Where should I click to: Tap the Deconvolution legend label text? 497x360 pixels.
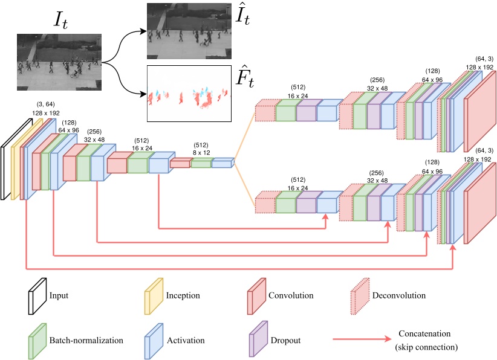tap(400, 296)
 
